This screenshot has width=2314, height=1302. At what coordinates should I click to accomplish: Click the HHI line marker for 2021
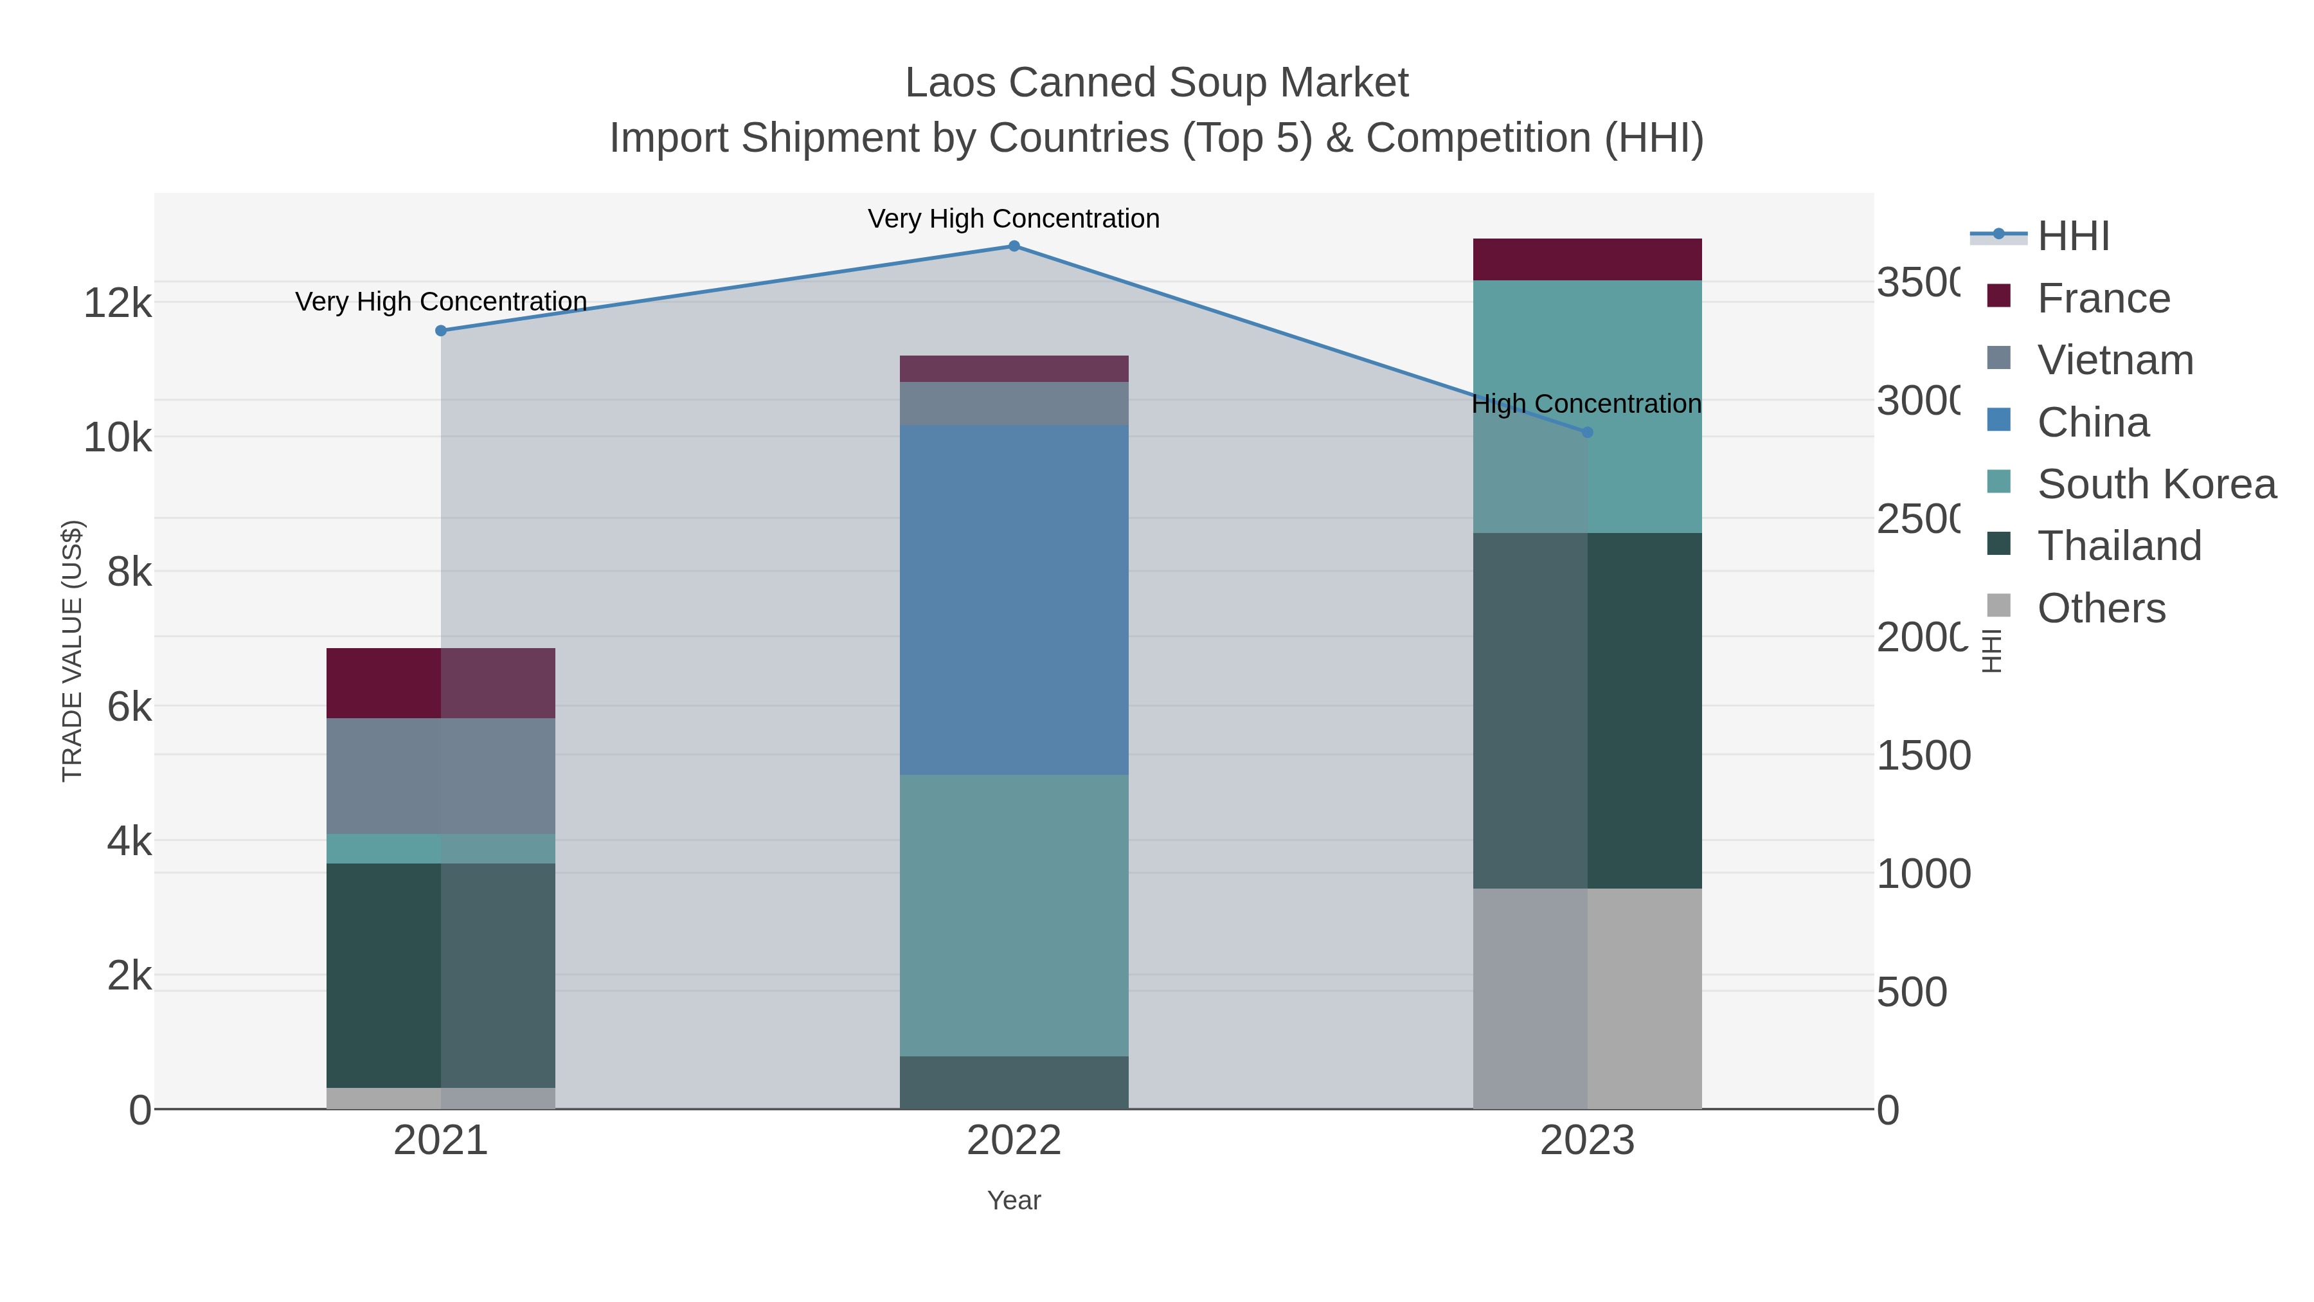click(x=440, y=330)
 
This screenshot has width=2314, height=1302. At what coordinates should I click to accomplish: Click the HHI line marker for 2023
click(x=1586, y=432)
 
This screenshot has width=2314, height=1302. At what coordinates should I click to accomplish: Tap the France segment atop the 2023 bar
click(x=1586, y=260)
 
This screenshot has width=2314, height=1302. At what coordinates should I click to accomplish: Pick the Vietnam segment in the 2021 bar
click(x=440, y=775)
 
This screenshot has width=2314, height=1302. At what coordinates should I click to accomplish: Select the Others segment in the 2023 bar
click(x=1586, y=999)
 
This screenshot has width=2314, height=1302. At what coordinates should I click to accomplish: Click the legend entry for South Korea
click(x=2155, y=484)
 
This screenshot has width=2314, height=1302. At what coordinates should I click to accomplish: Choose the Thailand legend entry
click(x=2118, y=547)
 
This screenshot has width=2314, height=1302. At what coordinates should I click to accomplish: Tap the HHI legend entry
click(x=2072, y=237)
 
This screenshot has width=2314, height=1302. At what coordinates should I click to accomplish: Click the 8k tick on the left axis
click(x=129, y=572)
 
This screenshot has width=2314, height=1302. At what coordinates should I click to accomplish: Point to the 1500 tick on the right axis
click(x=1923, y=755)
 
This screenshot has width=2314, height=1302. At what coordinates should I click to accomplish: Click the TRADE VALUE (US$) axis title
click(x=72, y=651)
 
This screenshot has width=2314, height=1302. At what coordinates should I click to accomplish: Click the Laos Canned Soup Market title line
click(x=1156, y=83)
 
